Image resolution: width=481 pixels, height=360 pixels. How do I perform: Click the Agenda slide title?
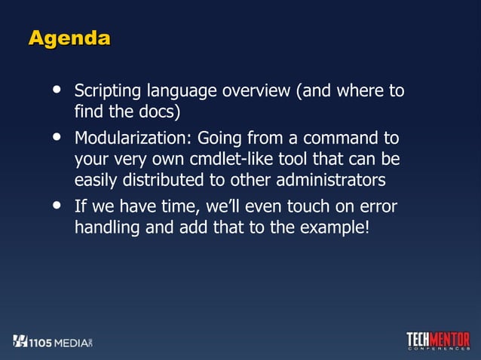69,38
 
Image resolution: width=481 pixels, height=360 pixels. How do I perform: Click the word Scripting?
103,93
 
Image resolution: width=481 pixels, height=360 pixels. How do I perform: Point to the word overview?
254,93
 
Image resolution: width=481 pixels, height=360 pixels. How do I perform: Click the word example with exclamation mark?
332,227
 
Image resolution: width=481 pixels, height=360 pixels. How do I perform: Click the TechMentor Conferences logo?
437,341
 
